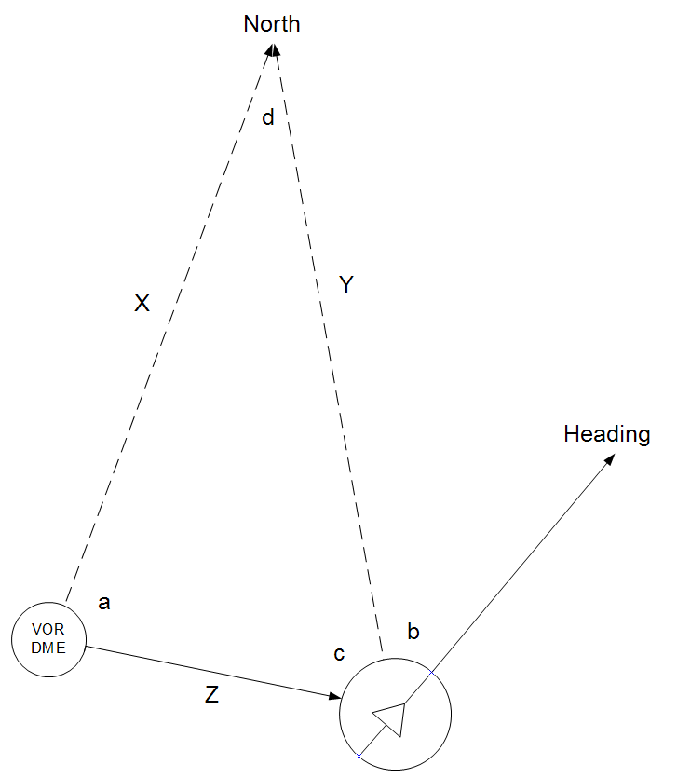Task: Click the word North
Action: [272, 24]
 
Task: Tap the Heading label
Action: [606, 434]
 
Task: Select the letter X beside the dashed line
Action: [142, 303]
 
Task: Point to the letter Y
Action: [346, 284]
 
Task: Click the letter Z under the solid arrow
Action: [211, 694]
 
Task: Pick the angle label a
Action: [103, 603]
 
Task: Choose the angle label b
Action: [413, 631]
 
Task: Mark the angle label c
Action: [339, 654]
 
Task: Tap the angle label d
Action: [268, 117]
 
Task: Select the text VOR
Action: [48, 629]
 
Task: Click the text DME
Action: [48, 648]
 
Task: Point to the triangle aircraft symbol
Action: [392, 717]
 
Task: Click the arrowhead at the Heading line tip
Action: [610, 459]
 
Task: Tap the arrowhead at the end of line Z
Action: [335, 696]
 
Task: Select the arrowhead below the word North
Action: [272, 49]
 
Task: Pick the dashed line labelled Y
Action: [328, 348]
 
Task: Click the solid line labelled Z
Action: [213, 672]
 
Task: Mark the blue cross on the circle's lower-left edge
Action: [359, 757]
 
